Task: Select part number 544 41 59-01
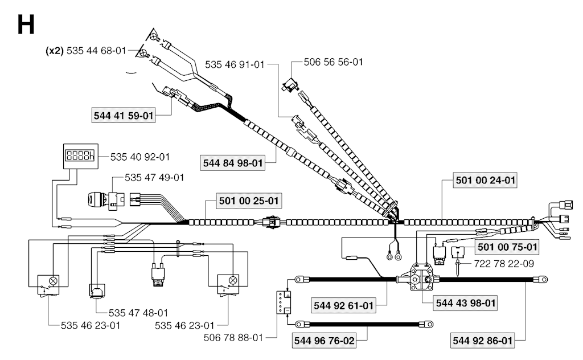tap(124, 116)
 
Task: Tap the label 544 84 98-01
tap(234, 163)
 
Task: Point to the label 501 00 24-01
tap(486, 181)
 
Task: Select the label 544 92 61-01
tap(343, 306)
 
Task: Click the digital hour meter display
tap(77, 155)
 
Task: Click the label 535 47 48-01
tap(138, 313)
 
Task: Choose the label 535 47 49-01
tap(155, 178)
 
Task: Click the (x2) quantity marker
tap(55, 51)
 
